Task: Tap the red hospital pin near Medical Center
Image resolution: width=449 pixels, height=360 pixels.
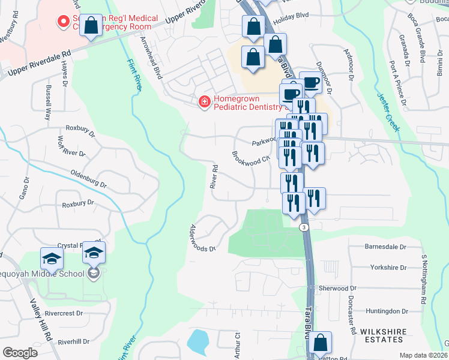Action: click(62, 23)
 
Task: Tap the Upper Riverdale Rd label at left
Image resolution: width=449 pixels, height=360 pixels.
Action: click(37, 63)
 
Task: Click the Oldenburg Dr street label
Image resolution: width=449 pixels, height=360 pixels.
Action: click(80, 177)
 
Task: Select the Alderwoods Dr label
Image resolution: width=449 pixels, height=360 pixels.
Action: click(202, 239)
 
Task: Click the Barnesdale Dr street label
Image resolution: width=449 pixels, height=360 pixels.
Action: click(385, 247)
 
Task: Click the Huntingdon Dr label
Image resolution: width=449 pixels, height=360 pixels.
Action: click(386, 311)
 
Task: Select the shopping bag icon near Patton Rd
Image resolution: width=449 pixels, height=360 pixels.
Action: click(321, 343)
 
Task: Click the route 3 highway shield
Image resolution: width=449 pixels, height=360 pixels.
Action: click(304, 227)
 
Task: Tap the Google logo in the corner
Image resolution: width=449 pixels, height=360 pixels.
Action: click(20, 353)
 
